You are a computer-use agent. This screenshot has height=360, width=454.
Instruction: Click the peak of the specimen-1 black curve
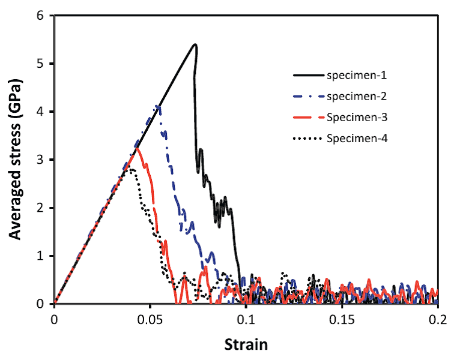[x=195, y=44]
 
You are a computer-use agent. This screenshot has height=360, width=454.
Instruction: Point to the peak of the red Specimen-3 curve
[x=138, y=148]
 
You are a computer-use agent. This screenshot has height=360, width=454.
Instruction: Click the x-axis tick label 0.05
[x=150, y=318]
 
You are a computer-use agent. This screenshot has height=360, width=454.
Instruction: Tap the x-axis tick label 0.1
[x=246, y=318]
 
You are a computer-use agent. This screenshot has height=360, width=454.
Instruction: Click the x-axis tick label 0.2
[x=438, y=318]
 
